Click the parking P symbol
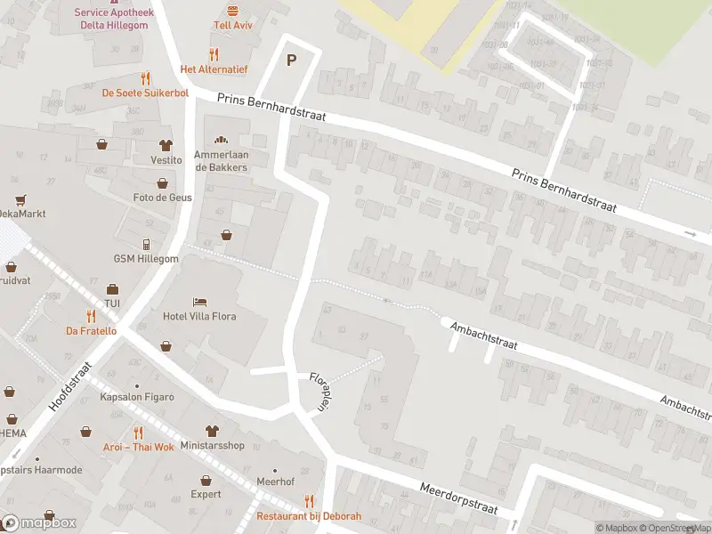290,61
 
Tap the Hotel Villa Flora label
200,316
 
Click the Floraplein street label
318,391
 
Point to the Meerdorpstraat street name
457,499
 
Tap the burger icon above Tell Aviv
233,10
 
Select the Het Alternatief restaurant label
214,69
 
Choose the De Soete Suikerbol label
146,93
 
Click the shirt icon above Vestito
166,145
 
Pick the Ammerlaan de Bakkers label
221,161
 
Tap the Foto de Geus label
162,198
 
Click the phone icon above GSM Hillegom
146,244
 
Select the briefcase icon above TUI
112,289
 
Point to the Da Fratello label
91,330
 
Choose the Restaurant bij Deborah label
309,516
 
